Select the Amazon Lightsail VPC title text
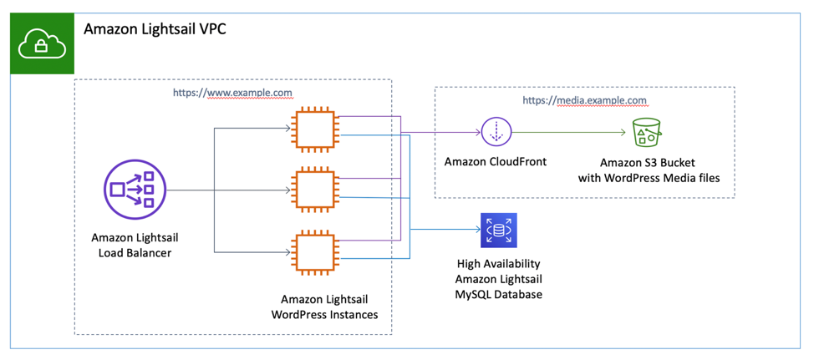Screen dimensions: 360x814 tap(155, 29)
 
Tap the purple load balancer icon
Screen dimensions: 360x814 tap(134, 190)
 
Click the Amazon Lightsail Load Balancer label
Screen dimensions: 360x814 tap(135, 244)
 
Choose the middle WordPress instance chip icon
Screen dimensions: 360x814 tap(314, 190)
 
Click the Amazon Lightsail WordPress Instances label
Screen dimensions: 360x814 tap(324, 307)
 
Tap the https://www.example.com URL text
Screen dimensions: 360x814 tap(232, 93)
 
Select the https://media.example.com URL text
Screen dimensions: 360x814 tap(584, 100)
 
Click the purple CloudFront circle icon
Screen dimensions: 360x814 tap(496, 131)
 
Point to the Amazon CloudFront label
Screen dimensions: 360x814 tap(495, 161)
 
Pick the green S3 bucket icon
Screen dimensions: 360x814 tap(646, 132)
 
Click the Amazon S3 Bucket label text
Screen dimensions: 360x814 tap(648, 162)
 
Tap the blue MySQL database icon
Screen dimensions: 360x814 tap(498, 231)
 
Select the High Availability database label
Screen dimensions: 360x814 tap(498, 264)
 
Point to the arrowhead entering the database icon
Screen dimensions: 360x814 tap(474, 231)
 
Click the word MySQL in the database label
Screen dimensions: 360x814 tap(477, 295)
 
